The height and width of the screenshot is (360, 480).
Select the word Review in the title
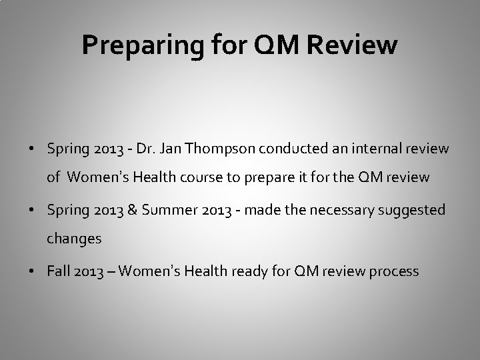pyautogui.click(x=356, y=45)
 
